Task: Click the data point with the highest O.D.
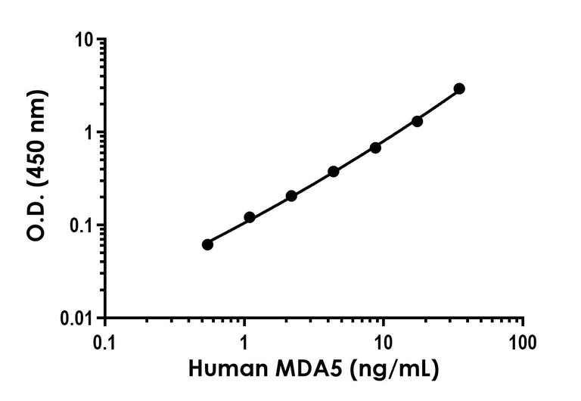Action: coord(459,89)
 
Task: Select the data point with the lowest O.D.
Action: coord(208,244)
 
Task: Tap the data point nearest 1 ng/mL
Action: coord(250,217)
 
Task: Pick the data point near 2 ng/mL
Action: coord(291,196)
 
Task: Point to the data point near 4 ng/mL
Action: coord(334,172)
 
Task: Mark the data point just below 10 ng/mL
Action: coord(375,148)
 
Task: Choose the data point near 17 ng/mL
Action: coord(417,121)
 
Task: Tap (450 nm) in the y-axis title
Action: coord(38,136)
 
